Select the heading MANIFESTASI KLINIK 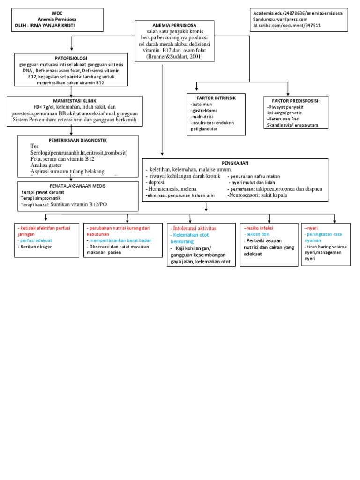pyautogui.click(x=75, y=100)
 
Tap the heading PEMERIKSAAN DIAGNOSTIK pyautogui.click(x=78, y=140)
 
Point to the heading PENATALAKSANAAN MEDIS pyautogui.click(x=78, y=186)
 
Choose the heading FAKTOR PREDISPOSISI pyautogui.click(x=296, y=100)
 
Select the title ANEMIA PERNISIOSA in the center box pyautogui.click(x=175, y=25)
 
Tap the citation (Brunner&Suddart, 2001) pyautogui.click(x=175, y=57)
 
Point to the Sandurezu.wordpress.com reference pyautogui.click(x=280, y=20)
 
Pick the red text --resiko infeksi pyautogui.click(x=258, y=228)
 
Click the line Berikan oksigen pyautogui.click(x=35, y=246)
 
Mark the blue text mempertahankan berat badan pyautogui.click(x=118, y=240)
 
